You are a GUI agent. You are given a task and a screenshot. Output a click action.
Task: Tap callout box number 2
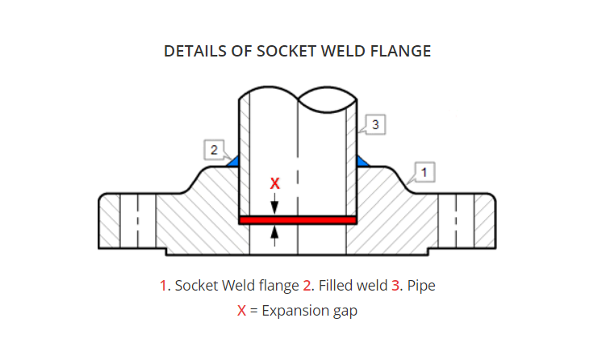tap(214, 149)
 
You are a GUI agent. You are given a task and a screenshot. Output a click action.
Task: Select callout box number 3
tap(374, 123)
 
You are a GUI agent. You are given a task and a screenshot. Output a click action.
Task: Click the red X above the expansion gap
tap(274, 184)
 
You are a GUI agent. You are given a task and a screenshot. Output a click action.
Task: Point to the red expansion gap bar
tap(298, 220)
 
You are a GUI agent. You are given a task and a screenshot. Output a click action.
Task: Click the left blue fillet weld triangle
tap(233, 161)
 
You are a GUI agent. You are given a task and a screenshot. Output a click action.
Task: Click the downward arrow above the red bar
tap(274, 206)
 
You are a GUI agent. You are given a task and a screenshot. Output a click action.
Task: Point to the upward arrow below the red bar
tap(274, 233)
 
